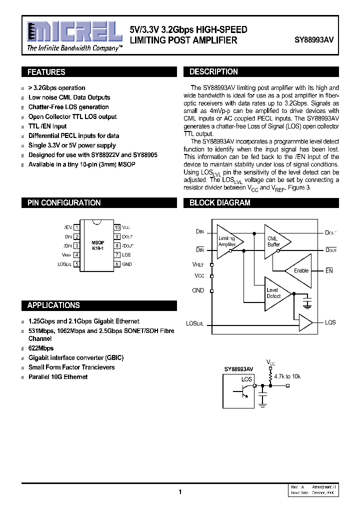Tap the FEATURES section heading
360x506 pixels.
tap(46, 72)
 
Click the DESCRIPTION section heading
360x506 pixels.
tap(213, 71)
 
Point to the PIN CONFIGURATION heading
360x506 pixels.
tap(63, 202)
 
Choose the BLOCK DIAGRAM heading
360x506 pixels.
tap(219, 202)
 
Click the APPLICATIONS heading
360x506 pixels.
tap(53, 305)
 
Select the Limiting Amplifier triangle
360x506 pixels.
tap(228, 241)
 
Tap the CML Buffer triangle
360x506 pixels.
tap(275, 241)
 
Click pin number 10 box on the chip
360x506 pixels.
tap(117, 227)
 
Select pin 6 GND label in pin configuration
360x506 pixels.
tap(127, 264)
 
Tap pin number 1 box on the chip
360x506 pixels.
tap(76, 227)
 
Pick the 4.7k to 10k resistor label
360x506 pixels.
tap(288, 376)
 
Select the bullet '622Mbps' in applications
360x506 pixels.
tap(41, 348)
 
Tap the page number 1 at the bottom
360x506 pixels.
tap(179, 492)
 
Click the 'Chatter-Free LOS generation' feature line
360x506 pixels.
tap(68, 107)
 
